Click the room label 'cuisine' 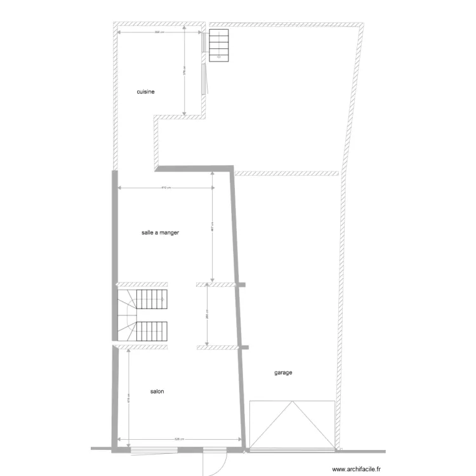pyautogui.click(x=146, y=92)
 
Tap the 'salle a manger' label pyautogui.click(x=160, y=233)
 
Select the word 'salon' pyautogui.click(x=157, y=392)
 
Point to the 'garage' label pyautogui.click(x=283, y=373)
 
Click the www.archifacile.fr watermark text pyautogui.click(x=348, y=470)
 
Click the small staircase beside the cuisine pyautogui.click(x=218, y=45)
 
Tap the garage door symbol pyautogui.click(x=292, y=425)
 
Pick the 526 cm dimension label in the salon pyautogui.click(x=180, y=439)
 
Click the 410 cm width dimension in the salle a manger pyautogui.click(x=164, y=188)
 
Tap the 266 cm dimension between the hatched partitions pyautogui.click(x=208, y=315)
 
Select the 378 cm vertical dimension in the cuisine pyautogui.click(x=185, y=72)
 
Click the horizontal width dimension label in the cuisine pyautogui.click(x=158, y=32)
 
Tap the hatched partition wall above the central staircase pyautogui.click(x=142, y=284)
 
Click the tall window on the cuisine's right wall pyautogui.click(x=204, y=63)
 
